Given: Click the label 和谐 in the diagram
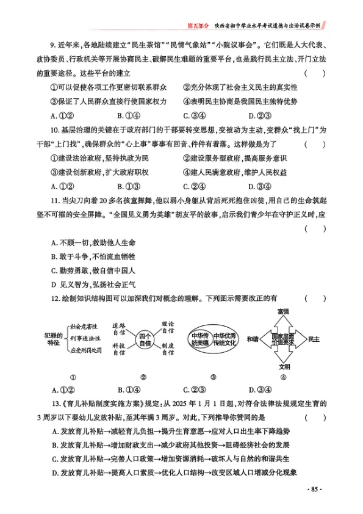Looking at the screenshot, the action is tap(253, 339).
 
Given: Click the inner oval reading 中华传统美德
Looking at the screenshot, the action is tap(199, 339).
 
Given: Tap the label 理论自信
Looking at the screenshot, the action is tap(168, 327).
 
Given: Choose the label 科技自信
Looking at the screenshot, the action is tap(120, 350).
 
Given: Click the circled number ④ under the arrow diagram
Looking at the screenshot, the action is tap(283, 377).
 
